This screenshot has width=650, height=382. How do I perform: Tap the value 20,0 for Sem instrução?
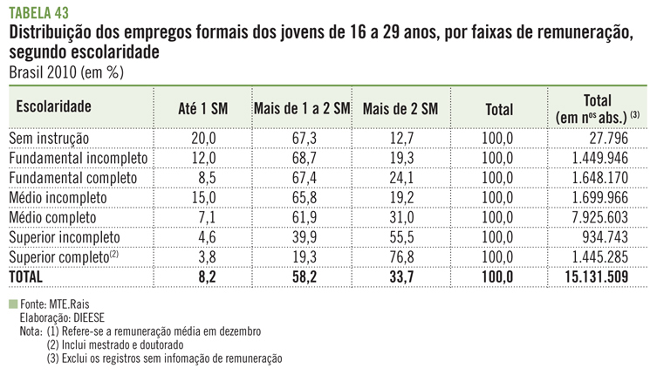coord(202,138)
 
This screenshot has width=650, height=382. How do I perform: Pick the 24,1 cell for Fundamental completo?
coord(400,178)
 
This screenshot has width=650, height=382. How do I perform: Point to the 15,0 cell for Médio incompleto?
coord(202,198)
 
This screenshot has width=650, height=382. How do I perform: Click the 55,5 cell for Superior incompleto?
coord(400,237)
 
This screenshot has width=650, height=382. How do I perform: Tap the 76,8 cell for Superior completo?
coord(400,257)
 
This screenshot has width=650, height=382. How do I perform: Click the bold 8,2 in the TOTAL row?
coord(202,277)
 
